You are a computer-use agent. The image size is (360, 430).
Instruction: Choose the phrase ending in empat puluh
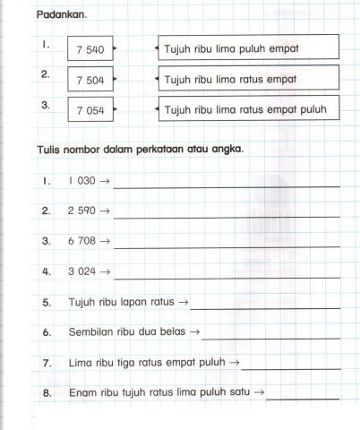[x=246, y=110]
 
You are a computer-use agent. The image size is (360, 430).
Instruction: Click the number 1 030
[x=82, y=180]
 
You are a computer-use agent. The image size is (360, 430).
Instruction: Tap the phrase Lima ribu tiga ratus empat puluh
[x=148, y=363]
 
